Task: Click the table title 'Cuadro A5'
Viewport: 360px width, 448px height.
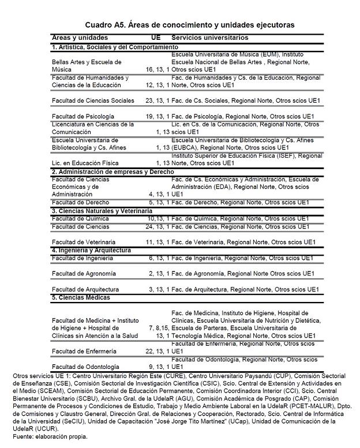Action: click(x=189, y=25)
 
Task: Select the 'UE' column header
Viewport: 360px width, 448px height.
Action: click(x=156, y=38)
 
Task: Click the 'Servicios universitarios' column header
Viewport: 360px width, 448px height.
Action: click(x=210, y=38)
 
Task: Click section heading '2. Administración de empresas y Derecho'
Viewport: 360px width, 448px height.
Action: click(x=112, y=172)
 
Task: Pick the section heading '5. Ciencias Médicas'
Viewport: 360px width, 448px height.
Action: click(x=81, y=297)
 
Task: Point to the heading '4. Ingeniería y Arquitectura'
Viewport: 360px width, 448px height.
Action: click(x=91, y=251)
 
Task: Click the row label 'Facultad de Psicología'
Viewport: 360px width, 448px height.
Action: click(x=83, y=116)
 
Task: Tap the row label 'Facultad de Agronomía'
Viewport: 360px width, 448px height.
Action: click(x=84, y=273)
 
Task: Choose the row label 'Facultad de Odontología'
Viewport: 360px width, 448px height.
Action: click(x=85, y=367)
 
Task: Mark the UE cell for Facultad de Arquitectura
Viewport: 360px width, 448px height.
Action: click(x=159, y=289)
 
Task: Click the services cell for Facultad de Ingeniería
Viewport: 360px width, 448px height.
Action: click(x=242, y=258)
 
